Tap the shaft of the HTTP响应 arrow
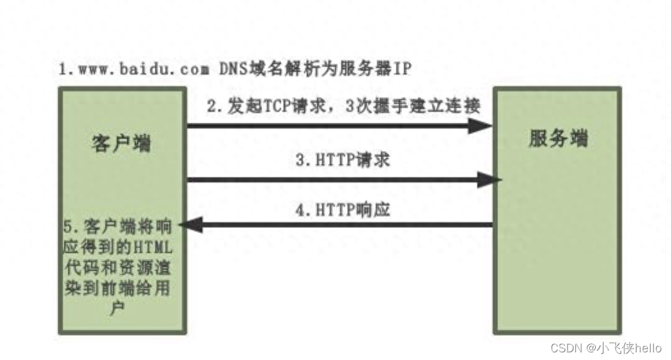click(344, 224)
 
